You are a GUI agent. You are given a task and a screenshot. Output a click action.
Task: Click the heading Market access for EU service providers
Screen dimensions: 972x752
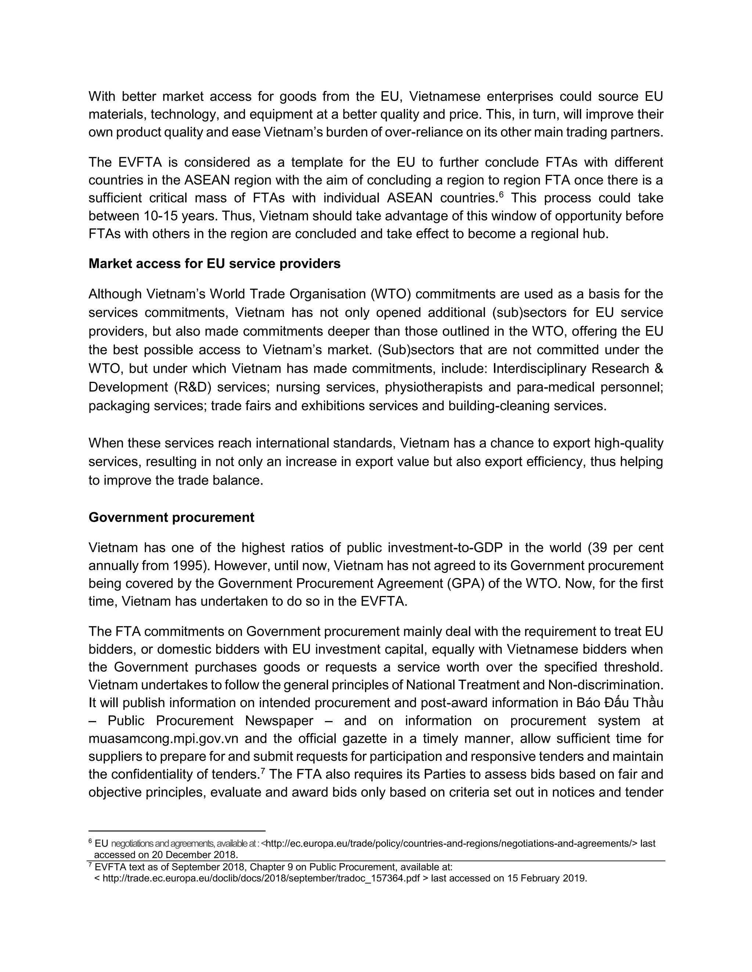coord(214,264)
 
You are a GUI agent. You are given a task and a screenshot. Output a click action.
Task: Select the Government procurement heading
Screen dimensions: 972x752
coord(171,517)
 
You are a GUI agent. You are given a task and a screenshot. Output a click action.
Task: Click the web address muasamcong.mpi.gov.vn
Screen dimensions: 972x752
coord(163,739)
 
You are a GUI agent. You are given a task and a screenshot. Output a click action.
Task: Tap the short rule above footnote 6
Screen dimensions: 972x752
coord(177,831)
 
